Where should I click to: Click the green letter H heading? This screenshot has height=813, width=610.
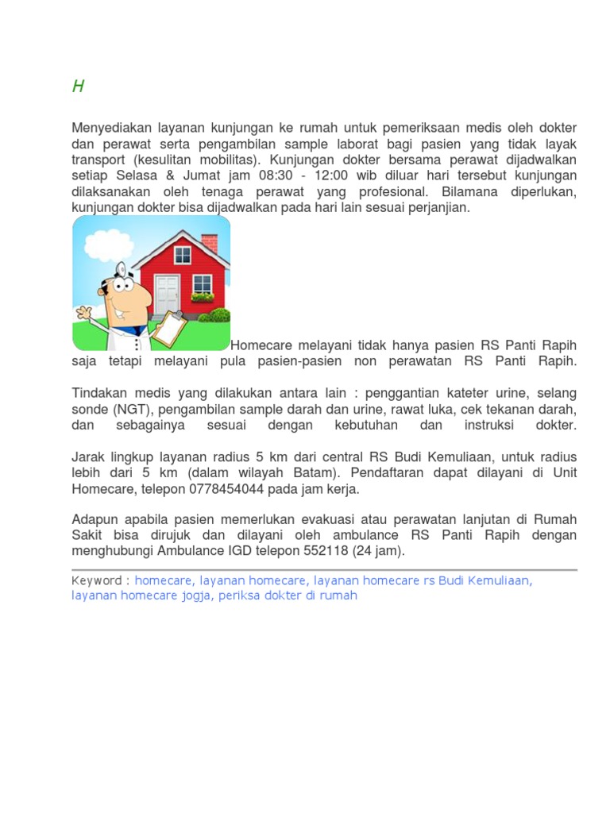pos(78,87)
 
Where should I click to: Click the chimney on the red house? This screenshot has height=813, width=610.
pos(210,242)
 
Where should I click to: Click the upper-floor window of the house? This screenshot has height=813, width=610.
pos(183,255)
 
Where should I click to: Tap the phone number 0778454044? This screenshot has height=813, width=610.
pos(207,488)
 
